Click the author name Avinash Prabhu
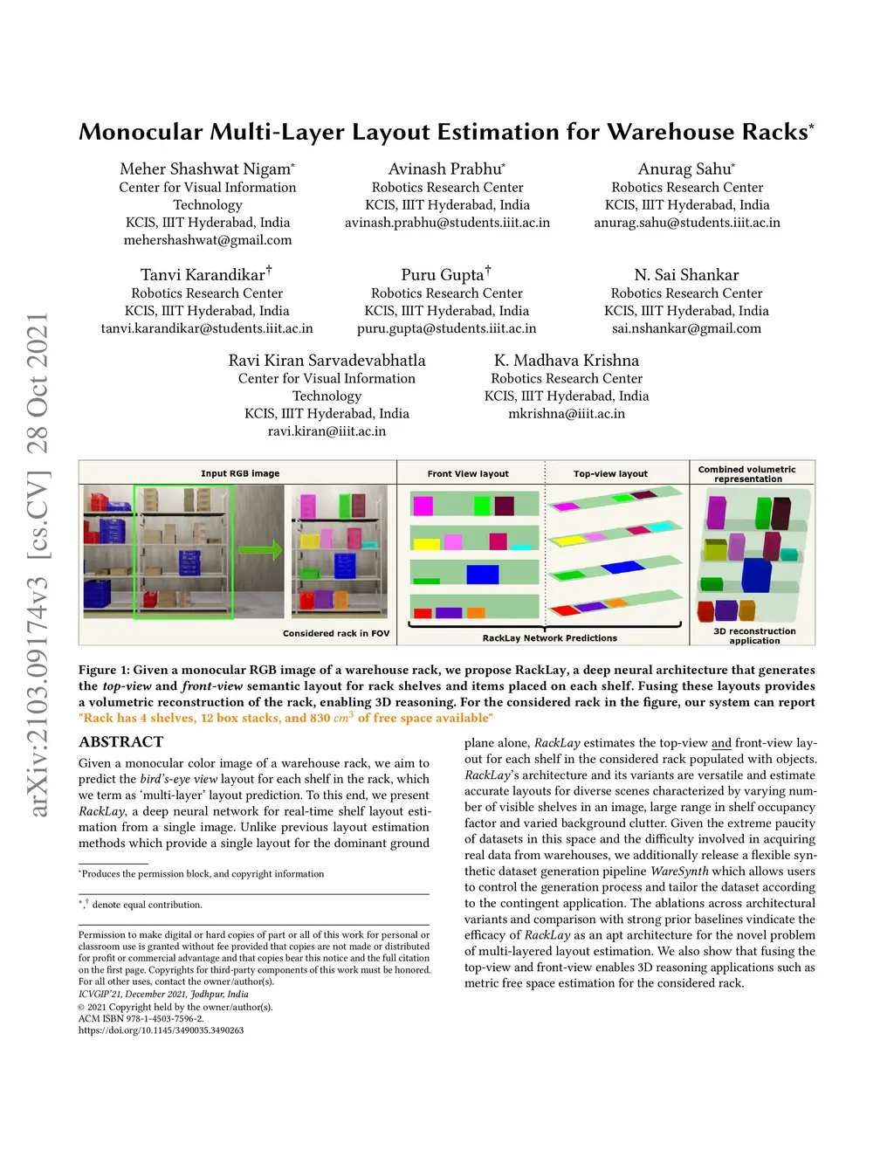(445, 169)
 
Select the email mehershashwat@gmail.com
(208, 240)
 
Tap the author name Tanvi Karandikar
(203, 275)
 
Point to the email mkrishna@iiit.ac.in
(567, 414)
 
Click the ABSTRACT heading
(121, 742)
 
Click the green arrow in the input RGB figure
(260, 550)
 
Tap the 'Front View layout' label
(468, 474)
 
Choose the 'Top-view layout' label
(610, 474)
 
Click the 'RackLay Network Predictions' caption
(549, 638)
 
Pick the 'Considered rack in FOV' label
(336, 634)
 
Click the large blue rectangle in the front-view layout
(483, 574)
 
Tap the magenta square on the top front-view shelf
(423, 506)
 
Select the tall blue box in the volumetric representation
(755, 575)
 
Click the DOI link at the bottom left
(161, 1030)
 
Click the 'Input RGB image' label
(240, 474)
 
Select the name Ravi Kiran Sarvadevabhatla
(327, 361)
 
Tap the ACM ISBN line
(141, 1019)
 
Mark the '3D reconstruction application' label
(754, 636)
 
